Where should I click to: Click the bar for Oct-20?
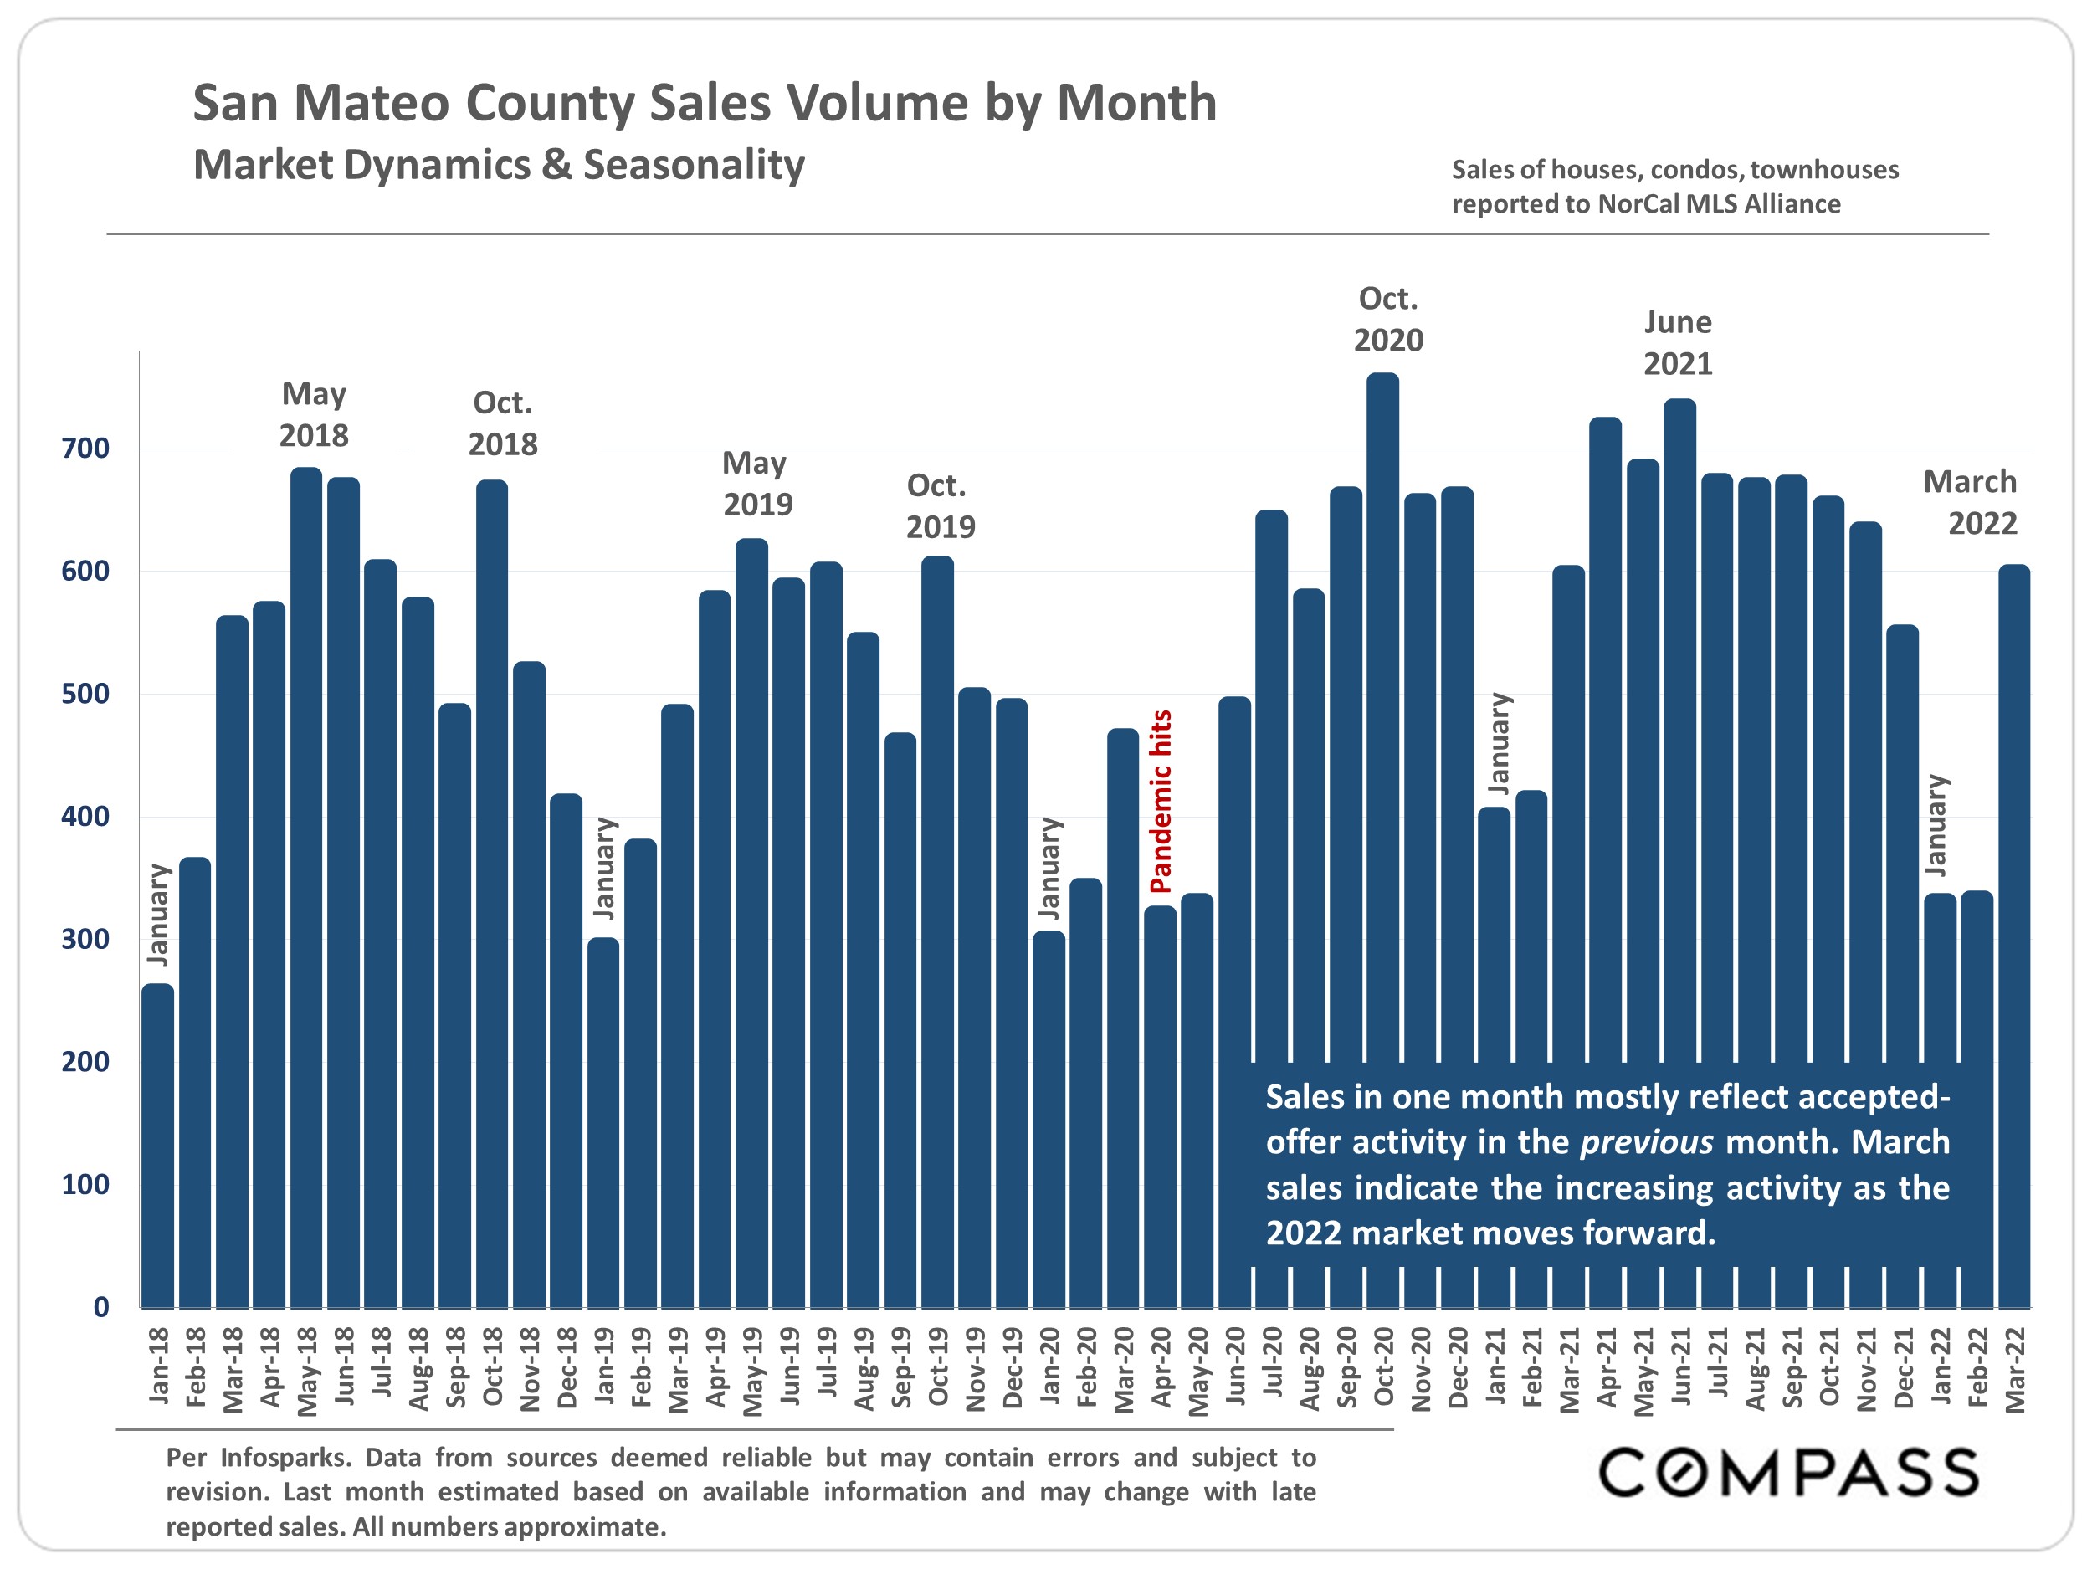(1382, 719)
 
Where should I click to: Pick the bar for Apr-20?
(1161, 1106)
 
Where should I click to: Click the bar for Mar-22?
(2014, 936)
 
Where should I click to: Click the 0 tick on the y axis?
(101, 1308)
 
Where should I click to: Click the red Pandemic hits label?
(1161, 801)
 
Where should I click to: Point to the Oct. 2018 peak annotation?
(502, 423)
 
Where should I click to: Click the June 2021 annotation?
(1678, 342)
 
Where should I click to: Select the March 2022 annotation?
(1971, 502)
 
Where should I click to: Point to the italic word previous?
(1647, 1142)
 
